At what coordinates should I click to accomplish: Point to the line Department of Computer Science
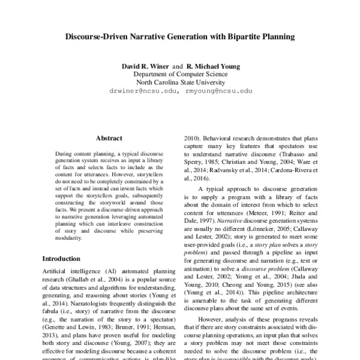point(179,74)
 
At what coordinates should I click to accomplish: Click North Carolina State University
point(179,82)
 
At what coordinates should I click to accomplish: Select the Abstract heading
point(109,137)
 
